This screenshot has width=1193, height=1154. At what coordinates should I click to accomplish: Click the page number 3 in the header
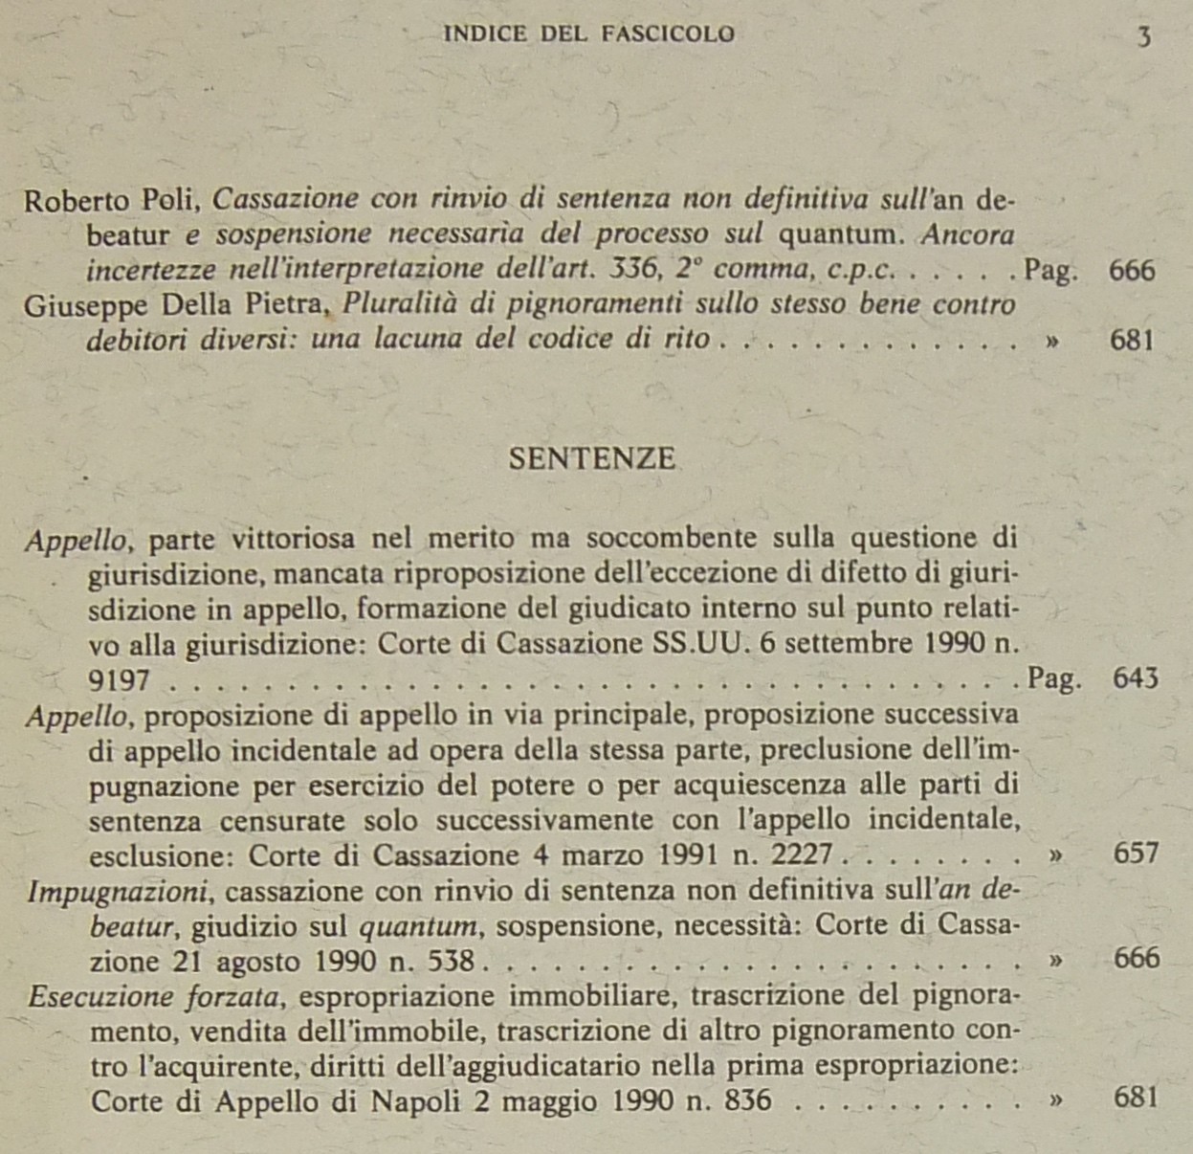click(x=1143, y=38)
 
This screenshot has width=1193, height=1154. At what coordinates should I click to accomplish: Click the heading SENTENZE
click(x=591, y=459)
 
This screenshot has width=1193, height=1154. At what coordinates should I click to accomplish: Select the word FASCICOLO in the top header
click(x=669, y=34)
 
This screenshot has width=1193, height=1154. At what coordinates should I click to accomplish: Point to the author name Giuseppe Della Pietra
click(x=176, y=305)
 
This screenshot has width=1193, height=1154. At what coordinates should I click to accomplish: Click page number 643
click(x=1136, y=678)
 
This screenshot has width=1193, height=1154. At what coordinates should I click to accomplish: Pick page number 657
click(x=1136, y=853)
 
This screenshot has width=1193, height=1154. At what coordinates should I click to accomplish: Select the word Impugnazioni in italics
click(x=119, y=892)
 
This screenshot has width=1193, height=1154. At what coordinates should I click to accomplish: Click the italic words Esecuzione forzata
click(x=154, y=997)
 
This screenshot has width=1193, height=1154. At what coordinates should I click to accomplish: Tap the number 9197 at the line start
click(x=119, y=680)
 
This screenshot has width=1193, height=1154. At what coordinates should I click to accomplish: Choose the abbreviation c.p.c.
click(x=861, y=271)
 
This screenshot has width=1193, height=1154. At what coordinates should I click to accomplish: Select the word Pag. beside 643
click(x=1054, y=679)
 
